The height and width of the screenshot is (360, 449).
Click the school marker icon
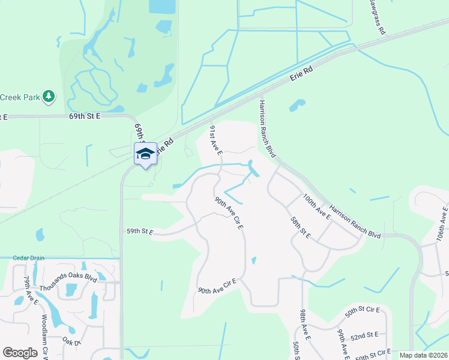[145, 154]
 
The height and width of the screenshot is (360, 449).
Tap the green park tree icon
[49, 96]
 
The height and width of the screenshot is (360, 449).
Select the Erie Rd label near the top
[302, 74]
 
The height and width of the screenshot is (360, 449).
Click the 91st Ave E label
[216, 141]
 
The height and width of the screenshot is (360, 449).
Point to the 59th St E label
[140, 230]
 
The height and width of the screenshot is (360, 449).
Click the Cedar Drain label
[29, 258]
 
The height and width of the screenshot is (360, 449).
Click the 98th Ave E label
[304, 323]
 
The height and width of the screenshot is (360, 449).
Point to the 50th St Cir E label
[363, 311]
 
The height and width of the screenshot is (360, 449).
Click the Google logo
[20, 353]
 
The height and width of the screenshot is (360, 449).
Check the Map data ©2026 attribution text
[423, 355]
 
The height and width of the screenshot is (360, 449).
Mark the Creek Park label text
[19, 97]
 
